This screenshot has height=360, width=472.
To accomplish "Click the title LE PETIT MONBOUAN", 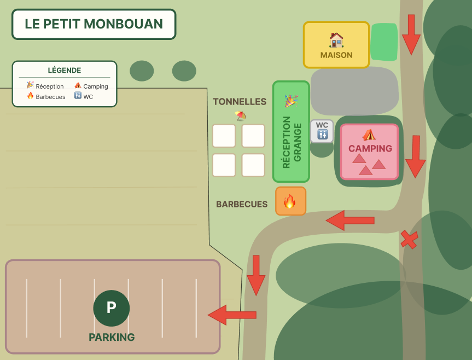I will pos(94,24).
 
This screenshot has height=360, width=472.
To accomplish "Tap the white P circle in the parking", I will pos(112,308).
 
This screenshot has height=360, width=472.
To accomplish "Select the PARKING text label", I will pos(112,337).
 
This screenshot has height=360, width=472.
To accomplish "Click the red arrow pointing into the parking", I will pos(232,315).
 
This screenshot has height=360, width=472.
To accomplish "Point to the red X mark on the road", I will pos(409,239).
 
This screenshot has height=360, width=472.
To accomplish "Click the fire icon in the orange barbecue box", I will pos(290,202).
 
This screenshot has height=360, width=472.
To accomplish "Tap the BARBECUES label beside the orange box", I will pos(242,204).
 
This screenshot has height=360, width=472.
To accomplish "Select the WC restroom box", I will pos(322,131).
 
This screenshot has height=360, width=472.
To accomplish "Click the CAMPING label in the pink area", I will pos(370,148).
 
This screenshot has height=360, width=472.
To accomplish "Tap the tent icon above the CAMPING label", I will pos(369,135).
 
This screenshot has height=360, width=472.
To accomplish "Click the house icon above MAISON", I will pos(336,39).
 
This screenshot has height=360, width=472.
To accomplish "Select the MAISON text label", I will pos(336,55).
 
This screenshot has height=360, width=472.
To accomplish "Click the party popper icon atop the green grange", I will pos(291,101).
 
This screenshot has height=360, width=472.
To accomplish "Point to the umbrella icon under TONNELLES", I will pos(240,115).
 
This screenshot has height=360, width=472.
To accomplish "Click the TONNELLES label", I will pos(240,102).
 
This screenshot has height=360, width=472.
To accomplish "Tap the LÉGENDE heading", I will pos(65,70).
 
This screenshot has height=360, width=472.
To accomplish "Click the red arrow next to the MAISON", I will pos(411,34).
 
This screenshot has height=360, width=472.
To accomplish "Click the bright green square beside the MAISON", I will pos(384,42).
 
